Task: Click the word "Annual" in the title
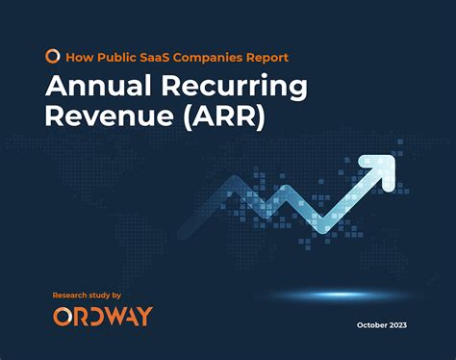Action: click(x=100, y=88)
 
